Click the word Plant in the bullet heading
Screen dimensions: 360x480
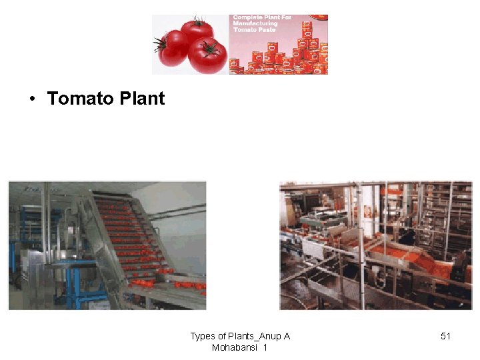tap(143, 99)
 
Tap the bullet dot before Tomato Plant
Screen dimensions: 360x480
tap(31, 99)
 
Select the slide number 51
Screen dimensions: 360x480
tap(446, 336)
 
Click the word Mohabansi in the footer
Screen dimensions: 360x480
tap(235, 347)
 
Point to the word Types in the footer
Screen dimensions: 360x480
tap(203, 336)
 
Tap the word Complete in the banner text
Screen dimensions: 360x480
tap(248, 17)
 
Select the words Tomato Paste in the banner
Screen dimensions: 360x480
tap(254, 30)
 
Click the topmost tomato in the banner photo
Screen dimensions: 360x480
tap(197, 31)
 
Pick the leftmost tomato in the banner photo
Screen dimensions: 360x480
tap(173, 48)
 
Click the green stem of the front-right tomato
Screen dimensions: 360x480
tap(211, 48)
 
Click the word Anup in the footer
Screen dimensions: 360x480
tap(270, 336)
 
